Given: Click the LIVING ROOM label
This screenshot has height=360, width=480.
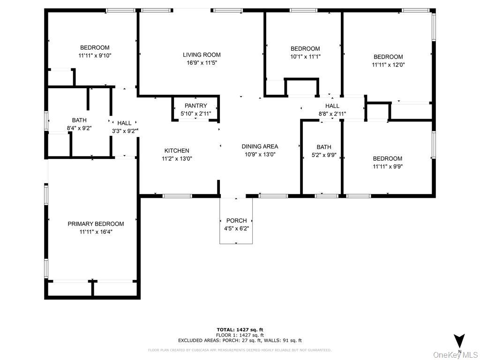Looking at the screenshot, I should (202, 55).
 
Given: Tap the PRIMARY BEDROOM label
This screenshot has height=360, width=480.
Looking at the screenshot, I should (96, 224).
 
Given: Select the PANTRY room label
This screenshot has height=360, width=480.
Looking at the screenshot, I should (195, 106).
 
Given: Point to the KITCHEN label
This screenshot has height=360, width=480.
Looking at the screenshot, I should (177, 151).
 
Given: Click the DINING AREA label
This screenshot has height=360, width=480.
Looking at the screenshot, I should (260, 147).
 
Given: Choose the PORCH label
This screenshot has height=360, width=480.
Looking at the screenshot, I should (236, 221).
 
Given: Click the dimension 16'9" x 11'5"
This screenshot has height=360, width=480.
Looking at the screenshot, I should (202, 62).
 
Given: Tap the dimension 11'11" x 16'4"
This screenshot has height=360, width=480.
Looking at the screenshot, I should (96, 232).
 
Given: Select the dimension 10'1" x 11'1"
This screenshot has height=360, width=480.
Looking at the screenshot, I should (305, 57).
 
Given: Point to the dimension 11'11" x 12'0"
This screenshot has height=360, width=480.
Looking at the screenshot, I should (388, 65).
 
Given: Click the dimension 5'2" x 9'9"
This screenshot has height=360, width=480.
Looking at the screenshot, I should (324, 155).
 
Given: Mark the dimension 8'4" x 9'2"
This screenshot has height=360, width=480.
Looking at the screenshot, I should (79, 128).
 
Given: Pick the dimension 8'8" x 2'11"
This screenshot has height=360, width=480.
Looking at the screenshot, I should (332, 113).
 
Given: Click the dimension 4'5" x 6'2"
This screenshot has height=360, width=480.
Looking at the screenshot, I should (236, 228).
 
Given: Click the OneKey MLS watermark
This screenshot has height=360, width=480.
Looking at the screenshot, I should (455, 354).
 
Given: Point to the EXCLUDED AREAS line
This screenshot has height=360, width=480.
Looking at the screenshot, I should (240, 340).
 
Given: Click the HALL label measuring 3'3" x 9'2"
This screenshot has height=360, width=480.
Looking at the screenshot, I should (124, 123).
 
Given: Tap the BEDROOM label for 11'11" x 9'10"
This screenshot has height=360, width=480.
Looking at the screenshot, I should (95, 47).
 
